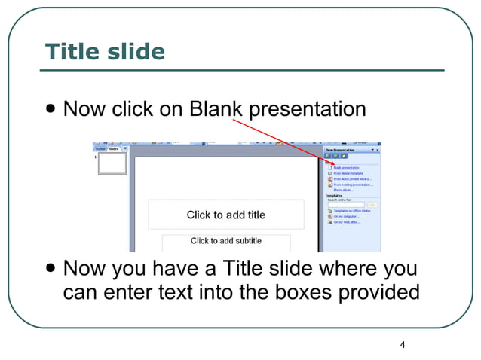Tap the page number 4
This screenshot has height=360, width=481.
pyautogui.click(x=403, y=345)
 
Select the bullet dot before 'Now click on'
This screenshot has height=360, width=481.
pyautogui.click(x=50, y=110)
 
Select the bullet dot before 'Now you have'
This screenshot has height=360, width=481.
pyautogui.click(x=50, y=269)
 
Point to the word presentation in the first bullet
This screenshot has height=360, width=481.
pyautogui.click(x=308, y=109)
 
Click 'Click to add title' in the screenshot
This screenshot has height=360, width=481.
pyautogui.click(x=226, y=215)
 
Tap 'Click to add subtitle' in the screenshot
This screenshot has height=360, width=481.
pyautogui.click(x=226, y=241)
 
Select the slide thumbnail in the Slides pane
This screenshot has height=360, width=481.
pyautogui.click(x=112, y=164)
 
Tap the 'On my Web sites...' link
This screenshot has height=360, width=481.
pyautogui.click(x=347, y=222)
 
